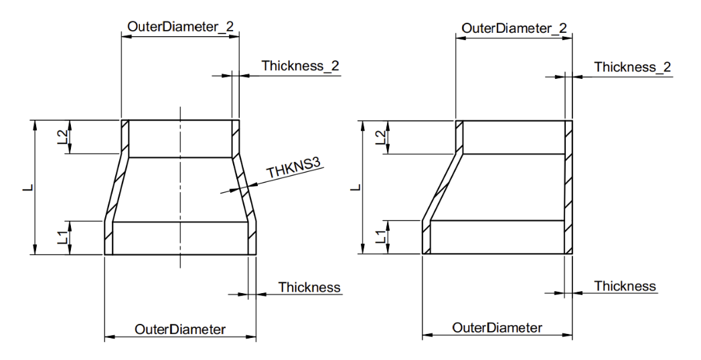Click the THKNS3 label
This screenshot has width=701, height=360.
click(293, 170)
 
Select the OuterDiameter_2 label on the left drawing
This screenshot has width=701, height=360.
click(179, 27)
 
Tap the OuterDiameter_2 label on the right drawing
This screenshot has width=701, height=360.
click(514, 28)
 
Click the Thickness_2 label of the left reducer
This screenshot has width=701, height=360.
click(301, 66)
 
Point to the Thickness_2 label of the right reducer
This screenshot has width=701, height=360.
click(632, 67)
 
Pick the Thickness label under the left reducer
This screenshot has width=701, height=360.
click(309, 288)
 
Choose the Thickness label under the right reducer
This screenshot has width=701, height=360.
click(625, 286)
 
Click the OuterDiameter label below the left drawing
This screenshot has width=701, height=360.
click(179, 329)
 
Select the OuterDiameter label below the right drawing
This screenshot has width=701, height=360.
click(497, 329)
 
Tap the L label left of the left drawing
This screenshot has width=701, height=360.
click(26, 188)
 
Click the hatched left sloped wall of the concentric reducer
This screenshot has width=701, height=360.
click(115, 189)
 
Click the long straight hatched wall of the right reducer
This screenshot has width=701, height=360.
click(568, 187)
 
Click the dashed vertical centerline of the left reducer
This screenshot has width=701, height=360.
click(179, 187)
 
